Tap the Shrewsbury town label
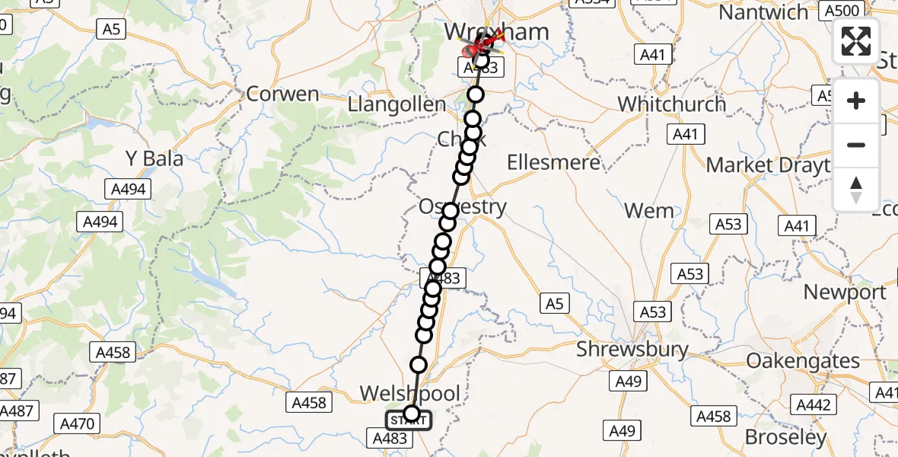tap(632, 350)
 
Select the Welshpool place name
tap(410, 394)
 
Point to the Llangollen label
tap(396, 104)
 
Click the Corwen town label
tap(283, 94)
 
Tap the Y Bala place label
tap(154, 159)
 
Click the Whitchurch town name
tap(672, 104)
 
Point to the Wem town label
tap(649, 210)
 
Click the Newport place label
tap(845, 292)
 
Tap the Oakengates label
tap(803, 360)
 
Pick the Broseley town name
tap(785, 437)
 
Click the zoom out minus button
tap(856, 145)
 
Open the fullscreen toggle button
tap(856, 41)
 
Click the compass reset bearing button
tap(856, 190)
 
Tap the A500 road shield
tap(842, 11)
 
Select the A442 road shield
tap(813, 404)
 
